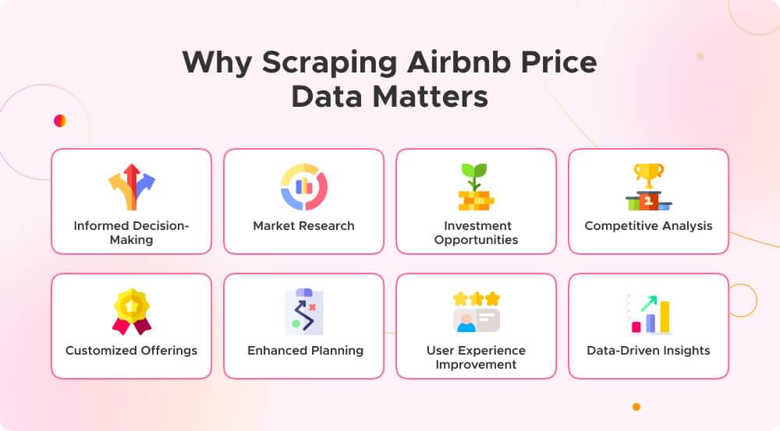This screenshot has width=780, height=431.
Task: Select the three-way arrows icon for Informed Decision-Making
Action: click(x=131, y=186)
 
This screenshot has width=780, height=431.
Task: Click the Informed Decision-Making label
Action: click(x=131, y=232)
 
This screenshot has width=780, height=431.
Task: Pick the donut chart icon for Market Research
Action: click(x=303, y=186)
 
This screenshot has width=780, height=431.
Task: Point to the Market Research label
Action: click(x=303, y=226)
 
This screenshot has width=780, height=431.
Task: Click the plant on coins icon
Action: click(x=476, y=187)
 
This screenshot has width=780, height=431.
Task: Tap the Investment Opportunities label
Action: click(x=476, y=232)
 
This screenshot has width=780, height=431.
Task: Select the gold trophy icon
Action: click(x=648, y=186)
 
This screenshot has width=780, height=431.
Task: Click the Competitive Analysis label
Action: click(x=648, y=226)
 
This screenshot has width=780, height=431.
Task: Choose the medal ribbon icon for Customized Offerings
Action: click(x=131, y=311)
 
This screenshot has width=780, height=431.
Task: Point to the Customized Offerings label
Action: click(x=131, y=351)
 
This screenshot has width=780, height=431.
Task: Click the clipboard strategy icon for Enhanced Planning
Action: click(x=303, y=311)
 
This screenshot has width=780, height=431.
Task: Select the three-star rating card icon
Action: click(x=476, y=312)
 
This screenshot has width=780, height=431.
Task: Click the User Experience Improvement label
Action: click(x=476, y=357)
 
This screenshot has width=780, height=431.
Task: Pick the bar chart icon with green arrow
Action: click(x=648, y=312)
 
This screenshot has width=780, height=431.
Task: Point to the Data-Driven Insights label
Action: click(x=648, y=351)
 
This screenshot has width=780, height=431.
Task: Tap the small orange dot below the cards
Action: click(x=636, y=406)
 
